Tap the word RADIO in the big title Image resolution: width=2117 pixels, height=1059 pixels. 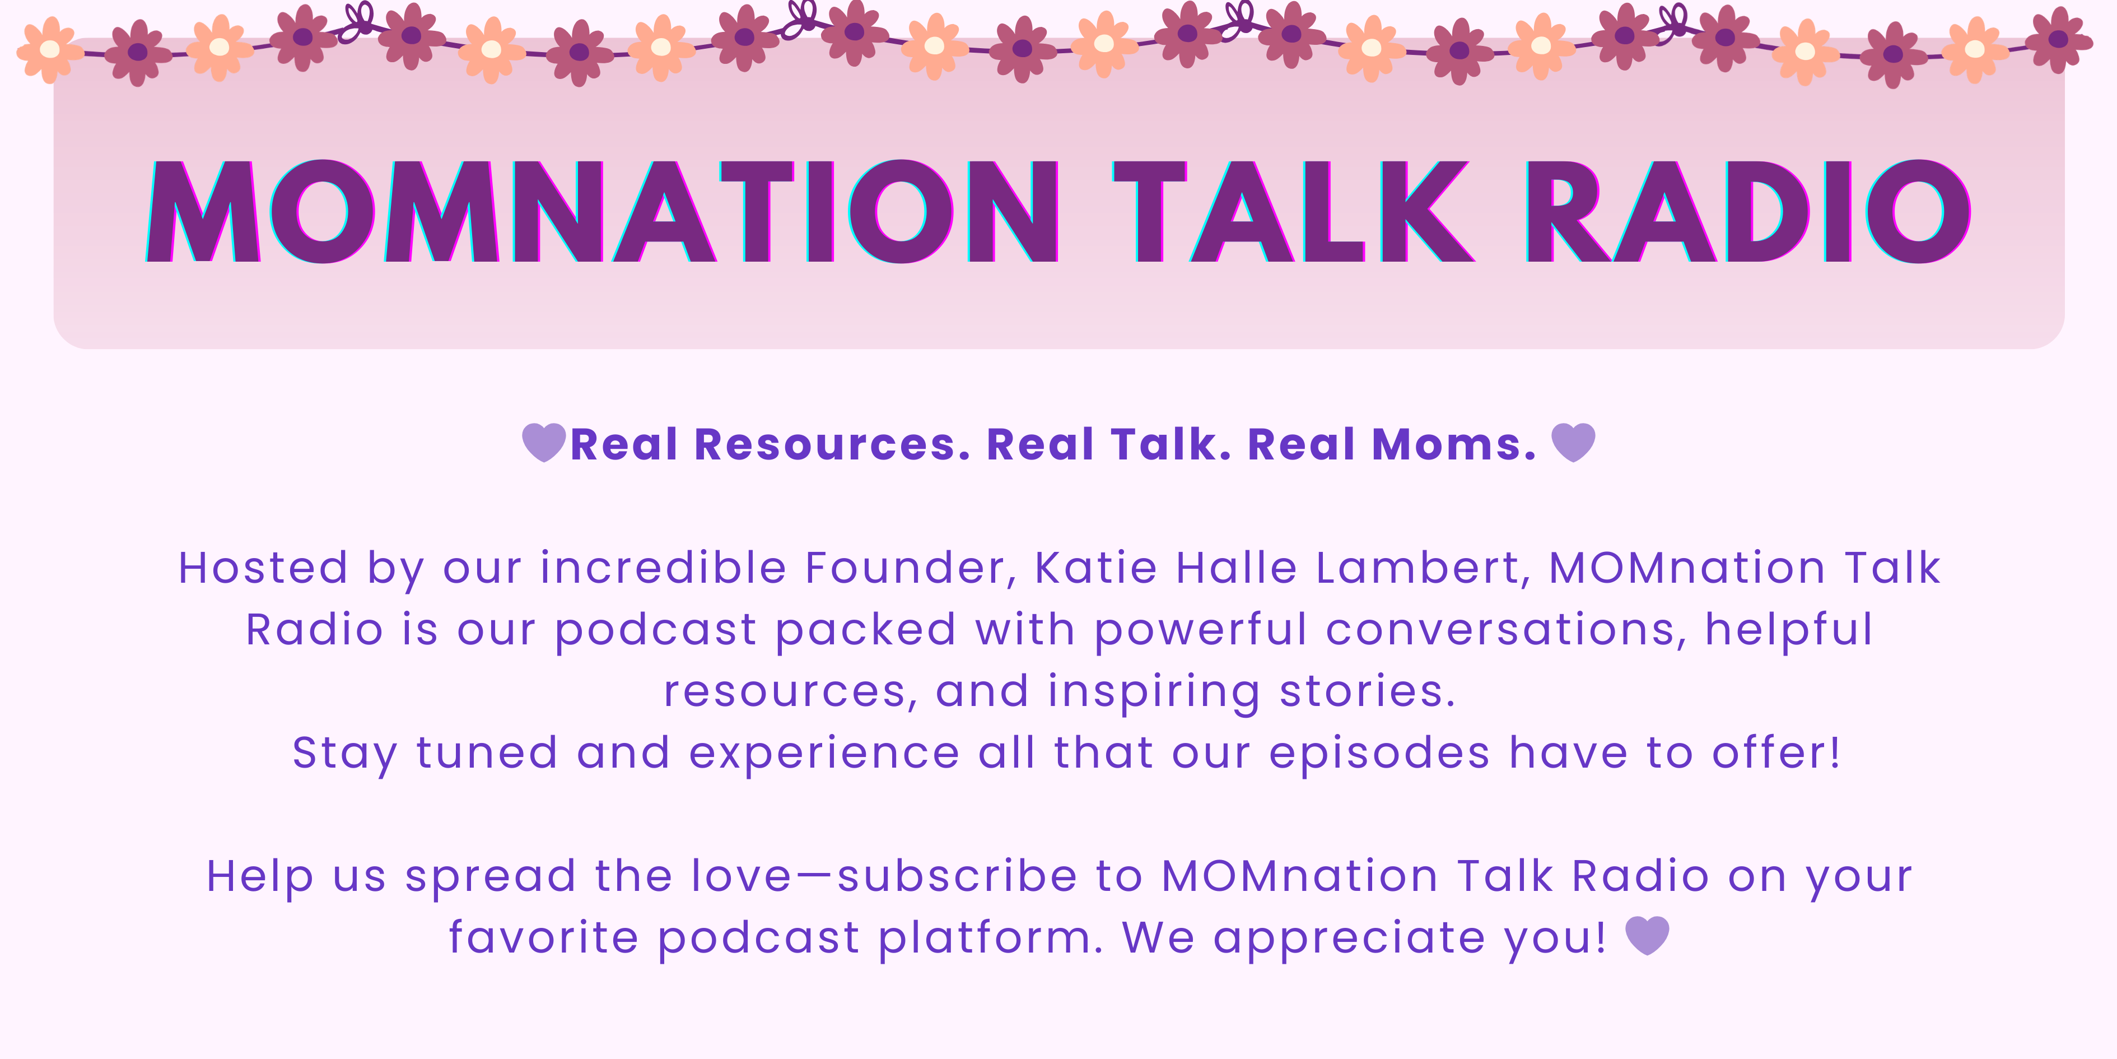(x=1748, y=211)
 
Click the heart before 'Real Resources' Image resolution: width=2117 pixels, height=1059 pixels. (x=544, y=442)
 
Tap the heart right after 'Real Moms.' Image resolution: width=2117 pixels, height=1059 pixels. (x=1573, y=442)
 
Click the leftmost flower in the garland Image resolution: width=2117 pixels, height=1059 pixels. (x=50, y=49)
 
